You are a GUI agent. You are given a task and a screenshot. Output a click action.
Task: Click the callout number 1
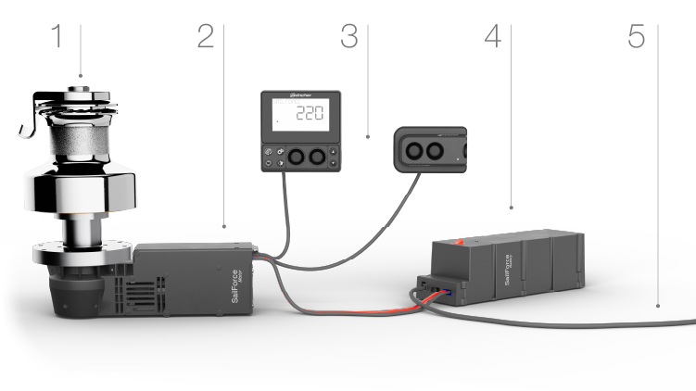[57, 37]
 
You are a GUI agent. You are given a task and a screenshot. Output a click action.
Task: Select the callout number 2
[205, 37]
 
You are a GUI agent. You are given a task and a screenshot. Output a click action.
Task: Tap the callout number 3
[348, 37]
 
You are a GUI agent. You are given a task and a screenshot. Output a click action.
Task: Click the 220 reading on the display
[309, 114]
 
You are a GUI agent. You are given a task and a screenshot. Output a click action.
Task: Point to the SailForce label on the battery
[505, 263]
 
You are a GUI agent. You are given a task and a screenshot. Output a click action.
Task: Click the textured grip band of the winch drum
[78, 144]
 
